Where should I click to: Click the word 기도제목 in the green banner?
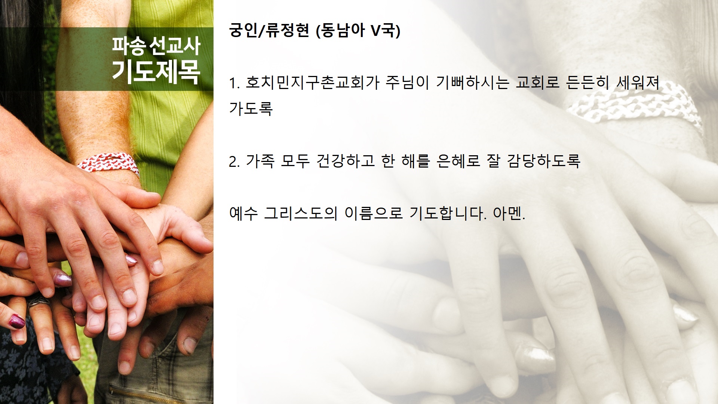(x=156, y=71)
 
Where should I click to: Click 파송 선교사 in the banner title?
(x=156, y=46)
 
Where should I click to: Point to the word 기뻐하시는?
(x=473, y=82)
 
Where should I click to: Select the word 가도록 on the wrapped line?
(x=251, y=108)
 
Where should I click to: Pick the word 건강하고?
(x=346, y=161)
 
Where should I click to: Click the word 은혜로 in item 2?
(x=458, y=161)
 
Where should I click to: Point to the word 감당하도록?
(x=543, y=161)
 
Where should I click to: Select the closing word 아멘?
(x=509, y=213)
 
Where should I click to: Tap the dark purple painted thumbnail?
(x=17, y=321)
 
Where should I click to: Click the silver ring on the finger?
(x=39, y=302)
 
